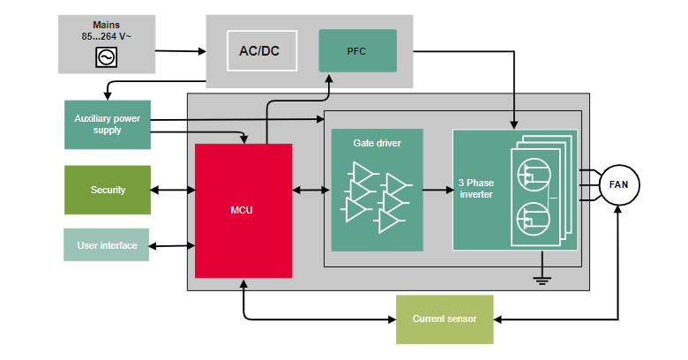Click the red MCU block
pos(243,211)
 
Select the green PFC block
pos(357,50)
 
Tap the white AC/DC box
pos(261,51)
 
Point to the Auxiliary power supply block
pos(108,124)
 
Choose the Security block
pos(108,190)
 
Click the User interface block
pos(108,245)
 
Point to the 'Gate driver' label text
pos(377,142)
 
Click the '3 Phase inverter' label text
pos(475,189)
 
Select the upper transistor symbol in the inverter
pos(531,172)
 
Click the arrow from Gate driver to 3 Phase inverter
pos(437,190)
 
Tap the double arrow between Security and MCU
pos(173,190)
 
